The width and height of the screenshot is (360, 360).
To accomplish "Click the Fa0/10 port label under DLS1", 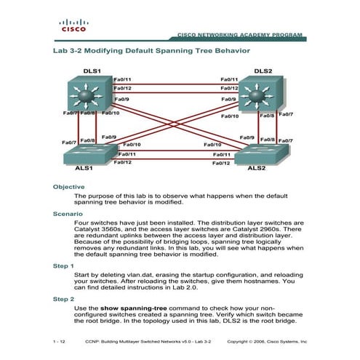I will tap(111, 114).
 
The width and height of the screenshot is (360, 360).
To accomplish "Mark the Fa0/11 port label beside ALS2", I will tap(222, 154).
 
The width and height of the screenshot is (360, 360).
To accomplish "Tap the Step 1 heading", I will tap(64, 266).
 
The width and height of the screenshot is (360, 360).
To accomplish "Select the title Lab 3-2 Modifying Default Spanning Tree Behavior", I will tap(151, 52).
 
